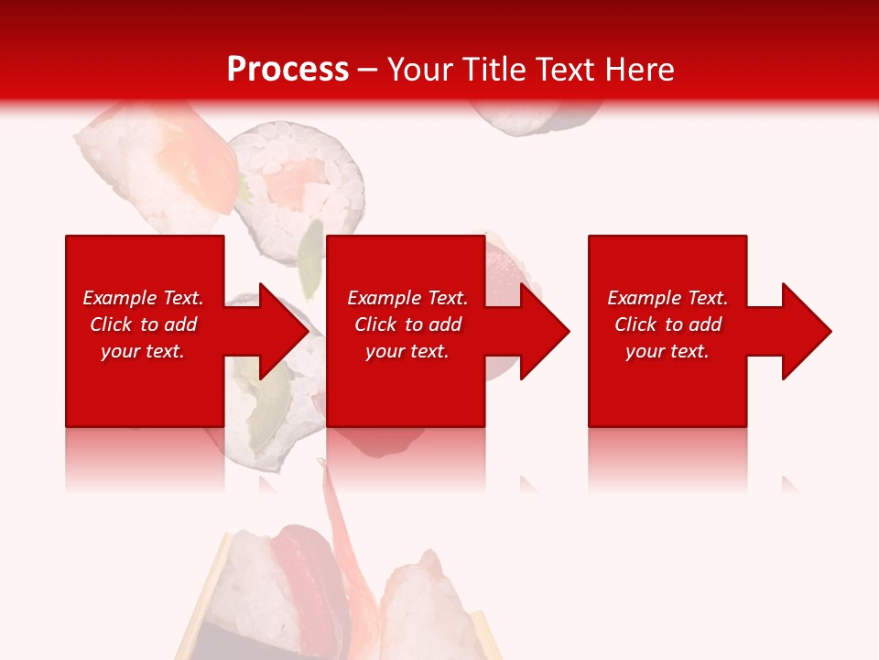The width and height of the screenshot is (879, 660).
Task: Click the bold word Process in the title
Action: point(288,70)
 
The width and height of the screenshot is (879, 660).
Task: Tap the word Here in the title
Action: point(638,70)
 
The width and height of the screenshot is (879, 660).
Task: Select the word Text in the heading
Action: point(567,70)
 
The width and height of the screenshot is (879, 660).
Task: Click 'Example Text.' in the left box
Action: point(143,298)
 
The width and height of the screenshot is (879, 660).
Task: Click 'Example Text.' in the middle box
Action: point(407,298)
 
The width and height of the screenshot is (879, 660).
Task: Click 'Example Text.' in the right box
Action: point(667,298)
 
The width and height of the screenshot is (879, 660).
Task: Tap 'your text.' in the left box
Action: point(143,351)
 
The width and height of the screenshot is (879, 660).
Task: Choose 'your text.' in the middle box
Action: point(407,351)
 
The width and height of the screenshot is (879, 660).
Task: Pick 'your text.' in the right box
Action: point(667,351)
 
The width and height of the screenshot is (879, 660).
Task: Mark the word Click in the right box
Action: point(636,324)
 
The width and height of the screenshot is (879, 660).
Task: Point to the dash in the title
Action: point(367,70)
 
